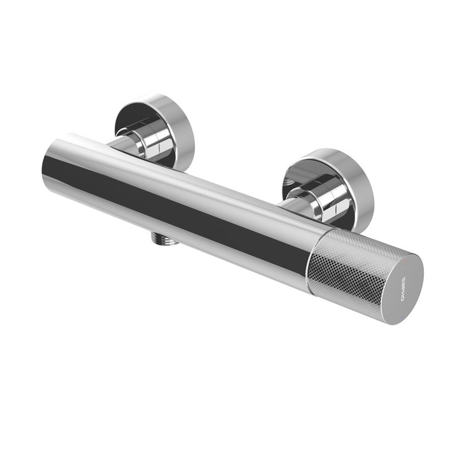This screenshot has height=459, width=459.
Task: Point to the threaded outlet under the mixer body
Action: (164, 239)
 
